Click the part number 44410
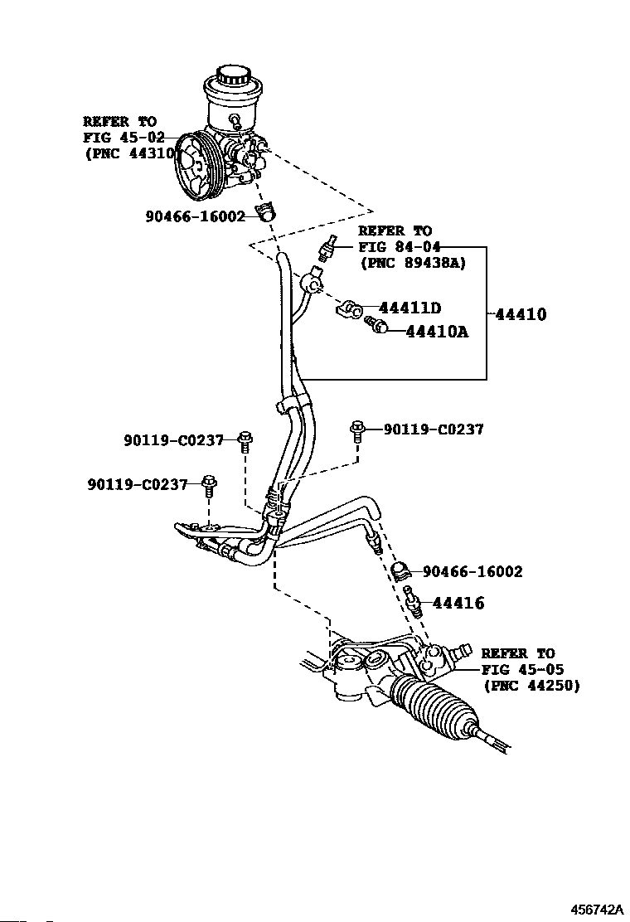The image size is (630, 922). click(x=521, y=314)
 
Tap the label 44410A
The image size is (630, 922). click(x=437, y=332)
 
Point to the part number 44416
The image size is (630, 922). click(x=458, y=604)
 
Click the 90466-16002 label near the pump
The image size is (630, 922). click(x=195, y=216)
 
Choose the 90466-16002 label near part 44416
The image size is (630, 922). click(x=472, y=571)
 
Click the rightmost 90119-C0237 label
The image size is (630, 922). click(x=434, y=429)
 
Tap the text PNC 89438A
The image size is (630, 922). click(x=413, y=263)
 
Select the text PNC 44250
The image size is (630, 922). click(x=532, y=686)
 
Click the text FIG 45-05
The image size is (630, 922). click(x=522, y=669)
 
